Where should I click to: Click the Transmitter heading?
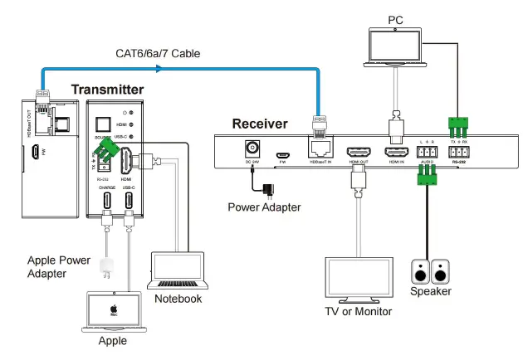[107, 90]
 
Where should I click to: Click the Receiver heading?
[259, 124]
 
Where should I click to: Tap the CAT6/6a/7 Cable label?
[157, 54]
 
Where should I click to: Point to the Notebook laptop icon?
[176, 270]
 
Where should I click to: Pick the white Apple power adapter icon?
[106, 266]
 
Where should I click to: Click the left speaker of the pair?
[422, 271]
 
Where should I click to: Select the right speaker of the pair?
[441, 271]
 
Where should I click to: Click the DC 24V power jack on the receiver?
[249, 148]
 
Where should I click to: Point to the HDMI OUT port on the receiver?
[359, 152]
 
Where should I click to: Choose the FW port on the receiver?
[282, 153]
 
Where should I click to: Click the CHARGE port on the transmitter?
[106, 201]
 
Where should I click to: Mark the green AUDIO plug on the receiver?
[428, 173]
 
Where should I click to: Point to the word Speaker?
[431, 291]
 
